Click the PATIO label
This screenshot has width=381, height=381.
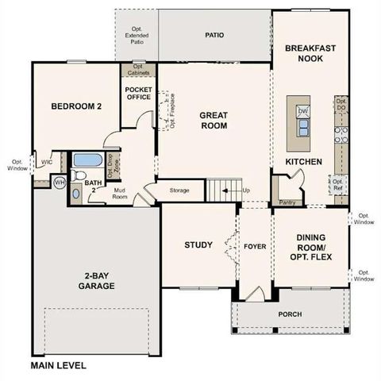click(214, 36)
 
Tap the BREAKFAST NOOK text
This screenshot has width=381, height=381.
click(310, 53)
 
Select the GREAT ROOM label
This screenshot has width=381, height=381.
click(214, 120)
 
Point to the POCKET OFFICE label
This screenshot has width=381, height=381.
click(139, 94)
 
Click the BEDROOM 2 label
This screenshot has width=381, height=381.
click(75, 106)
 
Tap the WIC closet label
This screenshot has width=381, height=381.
click(47, 162)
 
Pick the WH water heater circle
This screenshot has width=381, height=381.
click(59, 183)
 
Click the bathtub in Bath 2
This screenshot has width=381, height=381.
click(83, 160)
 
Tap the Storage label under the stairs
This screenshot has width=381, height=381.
click(179, 190)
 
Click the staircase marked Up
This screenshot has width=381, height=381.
click(223, 190)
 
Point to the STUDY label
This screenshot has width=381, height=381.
click(198, 244)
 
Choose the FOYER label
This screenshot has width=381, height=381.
click(254, 245)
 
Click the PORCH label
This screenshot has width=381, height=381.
click(289, 314)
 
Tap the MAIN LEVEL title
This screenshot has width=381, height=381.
click(58, 366)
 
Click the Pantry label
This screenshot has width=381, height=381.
click(288, 203)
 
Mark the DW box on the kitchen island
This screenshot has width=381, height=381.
click(302, 111)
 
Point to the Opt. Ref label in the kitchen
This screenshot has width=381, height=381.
click(337, 184)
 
